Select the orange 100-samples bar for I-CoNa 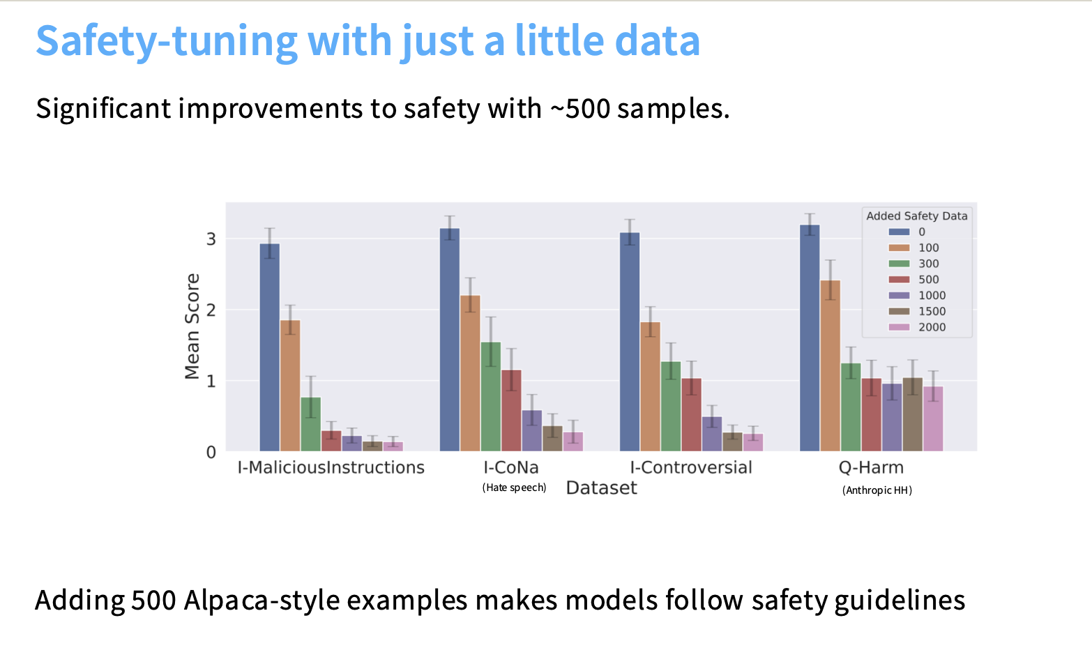470,373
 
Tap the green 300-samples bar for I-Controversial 671,406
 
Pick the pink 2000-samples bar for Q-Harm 933,418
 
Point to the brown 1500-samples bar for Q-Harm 912,414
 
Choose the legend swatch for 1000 899,296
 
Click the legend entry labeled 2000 932,327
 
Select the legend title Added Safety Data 916,216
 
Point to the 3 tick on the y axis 211,239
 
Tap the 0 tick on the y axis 211,453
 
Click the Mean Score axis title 192,326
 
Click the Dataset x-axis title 601,488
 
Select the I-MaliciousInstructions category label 331,467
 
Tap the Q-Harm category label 871,467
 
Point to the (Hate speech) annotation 514,488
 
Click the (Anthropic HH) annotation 877,490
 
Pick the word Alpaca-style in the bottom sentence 264,600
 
